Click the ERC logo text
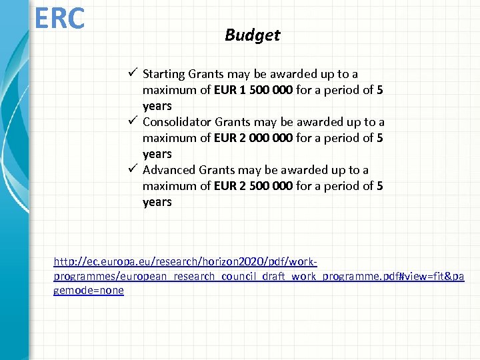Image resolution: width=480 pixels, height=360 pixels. coord(60,18)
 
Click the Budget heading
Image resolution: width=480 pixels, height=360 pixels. coord(252,35)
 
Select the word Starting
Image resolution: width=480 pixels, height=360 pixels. coord(164,74)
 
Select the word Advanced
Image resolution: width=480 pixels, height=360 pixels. coord(169,170)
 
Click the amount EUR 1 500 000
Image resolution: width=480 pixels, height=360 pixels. coord(253,90)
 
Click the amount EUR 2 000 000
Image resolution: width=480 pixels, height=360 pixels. coord(253,138)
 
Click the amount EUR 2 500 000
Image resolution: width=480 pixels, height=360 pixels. coord(253,186)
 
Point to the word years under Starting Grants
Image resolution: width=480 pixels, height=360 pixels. coord(157,106)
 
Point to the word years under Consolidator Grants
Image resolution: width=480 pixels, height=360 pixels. coord(157,154)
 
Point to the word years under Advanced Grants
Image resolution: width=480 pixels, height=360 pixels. coord(157,202)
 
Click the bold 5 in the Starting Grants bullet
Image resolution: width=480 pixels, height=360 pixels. coord(379,90)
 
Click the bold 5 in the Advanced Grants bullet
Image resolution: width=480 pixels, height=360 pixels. coord(379,186)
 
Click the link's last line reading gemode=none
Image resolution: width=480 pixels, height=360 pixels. coord(89,291)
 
